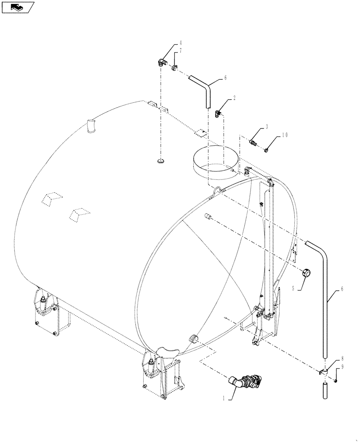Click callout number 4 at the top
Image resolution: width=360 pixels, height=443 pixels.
tap(181, 43)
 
